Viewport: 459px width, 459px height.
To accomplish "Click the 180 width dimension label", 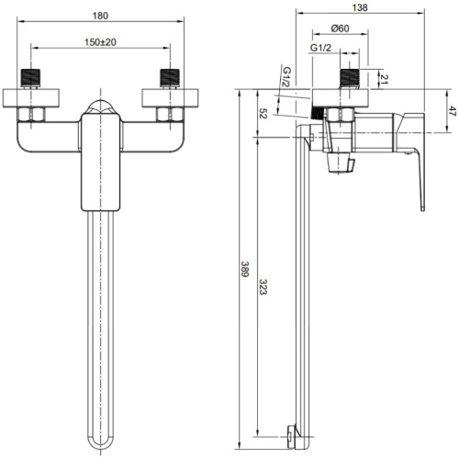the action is (100, 16).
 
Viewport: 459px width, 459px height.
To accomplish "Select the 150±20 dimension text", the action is (100, 42).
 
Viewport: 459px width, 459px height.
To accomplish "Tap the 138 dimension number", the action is (360, 7).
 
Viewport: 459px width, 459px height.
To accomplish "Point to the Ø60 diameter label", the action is (340, 28).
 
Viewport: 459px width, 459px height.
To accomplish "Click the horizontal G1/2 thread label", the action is (320, 48).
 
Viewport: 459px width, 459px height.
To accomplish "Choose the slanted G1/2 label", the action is (286, 77).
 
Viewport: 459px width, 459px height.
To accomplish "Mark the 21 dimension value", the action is (384, 79).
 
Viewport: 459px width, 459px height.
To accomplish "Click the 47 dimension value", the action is (453, 111).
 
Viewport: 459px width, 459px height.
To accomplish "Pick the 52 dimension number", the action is (263, 113).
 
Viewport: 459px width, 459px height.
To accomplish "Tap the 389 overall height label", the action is (245, 269).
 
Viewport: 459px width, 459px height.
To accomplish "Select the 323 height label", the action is (263, 286).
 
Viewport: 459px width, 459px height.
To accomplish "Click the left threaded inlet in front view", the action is (30, 78).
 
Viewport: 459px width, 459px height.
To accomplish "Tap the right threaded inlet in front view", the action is (170, 78).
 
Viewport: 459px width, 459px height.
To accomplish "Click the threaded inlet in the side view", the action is (350, 78).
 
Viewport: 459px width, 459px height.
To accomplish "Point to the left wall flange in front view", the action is (31, 98).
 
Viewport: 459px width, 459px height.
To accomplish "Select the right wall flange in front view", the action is (170, 98).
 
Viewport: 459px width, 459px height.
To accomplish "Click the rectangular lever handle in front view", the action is (101, 162).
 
